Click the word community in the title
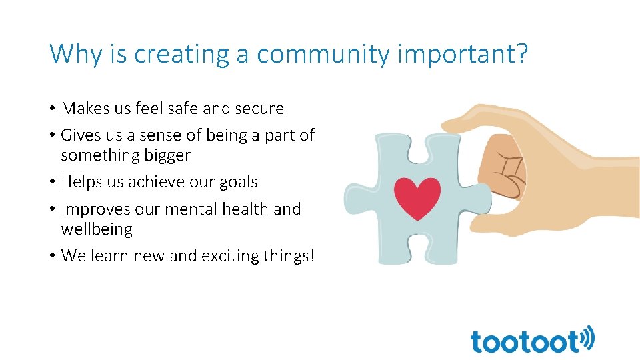tap(323, 54)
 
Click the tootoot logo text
tap(525, 341)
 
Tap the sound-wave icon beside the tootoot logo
tap(587, 338)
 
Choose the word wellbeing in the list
tap(97, 230)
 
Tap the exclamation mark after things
tap(311, 255)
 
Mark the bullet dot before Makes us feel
tap(53, 109)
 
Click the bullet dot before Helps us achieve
tap(53, 183)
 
